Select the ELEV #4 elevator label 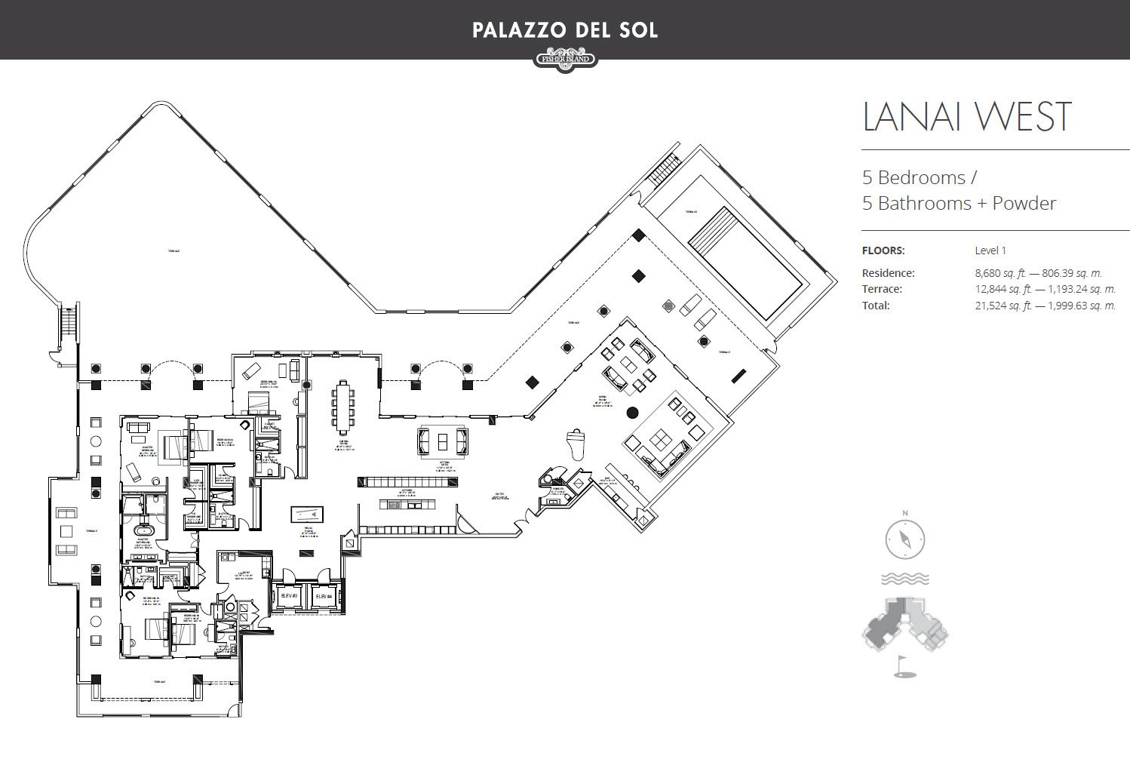tap(324, 596)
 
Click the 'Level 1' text tap(990, 250)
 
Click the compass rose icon tap(904, 539)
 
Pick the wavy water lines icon tap(904, 579)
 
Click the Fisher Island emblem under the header tap(565, 59)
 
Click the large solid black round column tap(632, 412)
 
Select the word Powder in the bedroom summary tap(1024, 203)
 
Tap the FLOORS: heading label tap(883, 250)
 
